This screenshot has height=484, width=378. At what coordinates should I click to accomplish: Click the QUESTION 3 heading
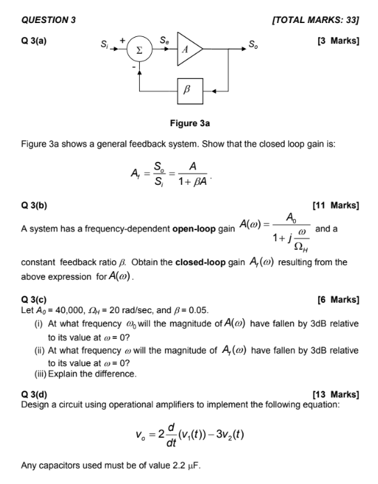49,20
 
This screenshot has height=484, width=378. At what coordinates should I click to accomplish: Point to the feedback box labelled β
186,90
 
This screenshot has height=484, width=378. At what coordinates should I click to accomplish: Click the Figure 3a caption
190,123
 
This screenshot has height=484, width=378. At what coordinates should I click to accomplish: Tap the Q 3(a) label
35,40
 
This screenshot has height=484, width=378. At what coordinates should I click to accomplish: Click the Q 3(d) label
35,393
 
